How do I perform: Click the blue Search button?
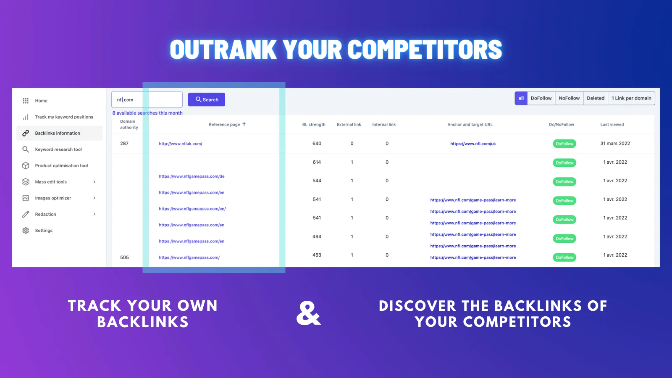pyautogui.click(x=206, y=100)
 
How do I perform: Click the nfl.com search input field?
pyautogui.click(x=147, y=100)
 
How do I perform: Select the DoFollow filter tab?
pyautogui.click(x=541, y=98)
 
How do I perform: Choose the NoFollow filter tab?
pyautogui.click(x=569, y=98)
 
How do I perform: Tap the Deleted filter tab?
pyautogui.click(x=596, y=98)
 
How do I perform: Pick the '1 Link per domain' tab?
pyautogui.click(x=631, y=98)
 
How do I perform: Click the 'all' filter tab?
pyautogui.click(x=521, y=98)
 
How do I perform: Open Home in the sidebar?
pyautogui.click(x=41, y=101)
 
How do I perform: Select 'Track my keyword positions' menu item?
pyautogui.click(x=64, y=117)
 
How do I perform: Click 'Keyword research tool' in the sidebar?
pyautogui.click(x=58, y=150)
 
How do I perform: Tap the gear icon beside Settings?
pyautogui.click(x=26, y=231)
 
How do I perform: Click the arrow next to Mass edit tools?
pyautogui.click(x=94, y=182)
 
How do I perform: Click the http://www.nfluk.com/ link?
pyautogui.click(x=181, y=144)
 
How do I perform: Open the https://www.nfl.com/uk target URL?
pyautogui.click(x=473, y=144)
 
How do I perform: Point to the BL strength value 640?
pyautogui.click(x=317, y=143)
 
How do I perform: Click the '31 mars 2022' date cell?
pyautogui.click(x=615, y=143)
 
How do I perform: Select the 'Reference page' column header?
pyautogui.click(x=224, y=124)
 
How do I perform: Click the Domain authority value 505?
pyautogui.click(x=124, y=257)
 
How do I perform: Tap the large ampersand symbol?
pyautogui.click(x=308, y=313)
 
